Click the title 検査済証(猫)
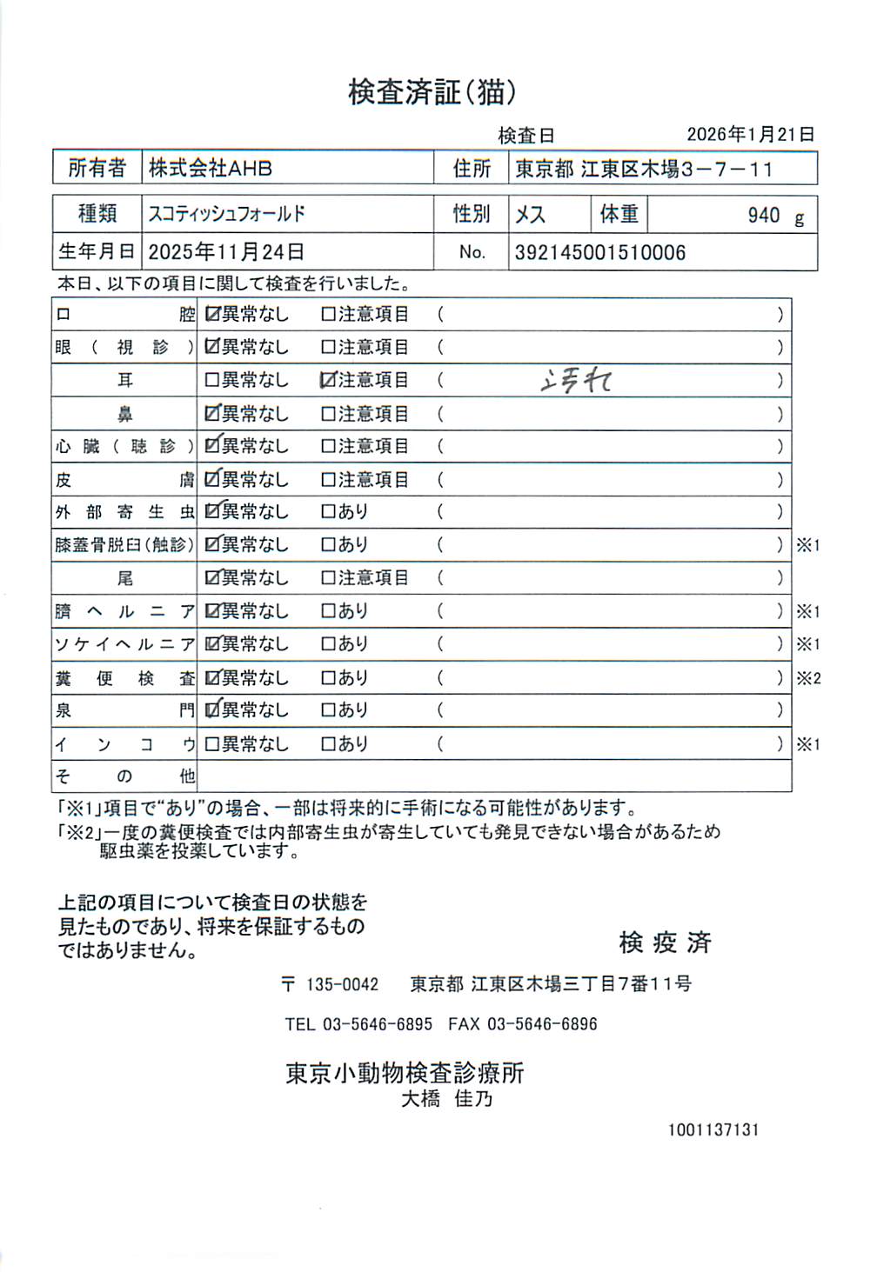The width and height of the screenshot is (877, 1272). pyautogui.click(x=432, y=92)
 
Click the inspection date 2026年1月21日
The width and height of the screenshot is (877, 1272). pyautogui.click(x=750, y=135)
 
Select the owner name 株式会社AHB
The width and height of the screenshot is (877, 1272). pyautogui.click(x=211, y=168)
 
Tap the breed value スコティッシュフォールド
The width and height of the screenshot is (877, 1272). pyautogui.click(x=226, y=214)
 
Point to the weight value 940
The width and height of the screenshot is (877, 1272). pyautogui.click(x=763, y=216)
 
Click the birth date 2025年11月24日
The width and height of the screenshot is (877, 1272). pyautogui.click(x=226, y=252)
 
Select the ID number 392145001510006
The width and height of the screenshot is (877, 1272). pyautogui.click(x=600, y=253)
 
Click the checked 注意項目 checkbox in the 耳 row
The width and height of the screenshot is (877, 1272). pyautogui.click(x=328, y=380)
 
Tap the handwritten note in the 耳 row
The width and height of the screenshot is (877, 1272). pyautogui.click(x=576, y=381)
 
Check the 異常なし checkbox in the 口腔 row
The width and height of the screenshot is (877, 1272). pyautogui.click(x=211, y=315)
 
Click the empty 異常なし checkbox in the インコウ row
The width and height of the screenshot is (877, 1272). pyautogui.click(x=211, y=744)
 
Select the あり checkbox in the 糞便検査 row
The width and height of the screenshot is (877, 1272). pyautogui.click(x=328, y=678)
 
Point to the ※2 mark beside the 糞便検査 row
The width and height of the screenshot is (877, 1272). pyautogui.click(x=808, y=678)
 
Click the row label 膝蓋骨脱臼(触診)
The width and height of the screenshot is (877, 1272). pyautogui.click(x=124, y=545)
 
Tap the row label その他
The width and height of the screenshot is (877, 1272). pyautogui.click(x=124, y=776)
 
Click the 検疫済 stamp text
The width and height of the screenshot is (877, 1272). pyautogui.click(x=665, y=942)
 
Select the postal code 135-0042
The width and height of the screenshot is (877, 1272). pyautogui.click(x=342, y=984)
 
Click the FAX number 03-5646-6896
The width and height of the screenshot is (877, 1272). pyautogui.click(x=542, y=1024)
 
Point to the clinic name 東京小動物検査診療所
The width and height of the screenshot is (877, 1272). pyautogui.click(x=405, y=1073)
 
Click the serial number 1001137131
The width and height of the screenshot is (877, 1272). pyautogui.click(x=713, y=1129)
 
